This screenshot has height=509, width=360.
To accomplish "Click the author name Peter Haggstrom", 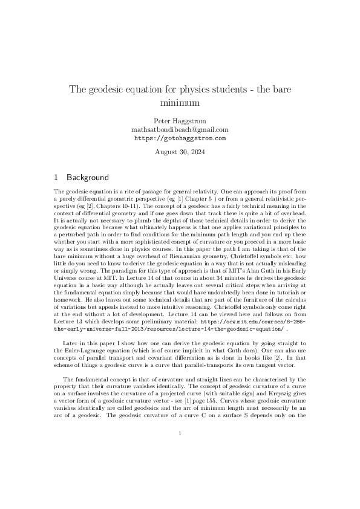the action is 180,120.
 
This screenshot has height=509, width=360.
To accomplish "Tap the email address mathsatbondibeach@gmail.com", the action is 180,129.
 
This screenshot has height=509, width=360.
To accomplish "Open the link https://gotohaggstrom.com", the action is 180,138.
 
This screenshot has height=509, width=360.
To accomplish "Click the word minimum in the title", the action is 180,103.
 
